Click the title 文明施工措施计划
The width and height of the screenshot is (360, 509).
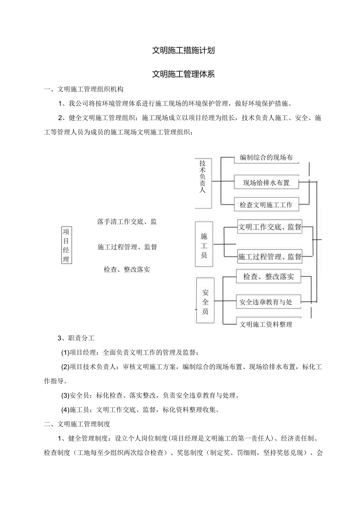coord(183,50)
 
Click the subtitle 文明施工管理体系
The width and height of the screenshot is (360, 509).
coord(183,74)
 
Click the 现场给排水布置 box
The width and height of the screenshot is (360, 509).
coord(266,183)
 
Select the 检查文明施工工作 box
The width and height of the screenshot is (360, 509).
coord(266,204)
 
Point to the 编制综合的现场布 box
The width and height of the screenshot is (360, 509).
coord(266,158)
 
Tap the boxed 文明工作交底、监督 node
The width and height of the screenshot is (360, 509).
coord(270,227)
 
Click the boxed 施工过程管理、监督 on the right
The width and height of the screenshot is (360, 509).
coord(270,257)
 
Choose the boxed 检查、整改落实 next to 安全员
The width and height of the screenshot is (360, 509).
coord(269,277)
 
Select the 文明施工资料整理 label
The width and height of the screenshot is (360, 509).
coord(266,324)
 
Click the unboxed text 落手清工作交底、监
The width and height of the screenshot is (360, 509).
coord(127,222)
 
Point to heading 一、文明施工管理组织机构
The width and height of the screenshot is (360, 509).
coord(84,89)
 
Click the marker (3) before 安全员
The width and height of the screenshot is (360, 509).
coord(65,396)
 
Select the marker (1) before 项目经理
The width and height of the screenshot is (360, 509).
coord(65,353)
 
